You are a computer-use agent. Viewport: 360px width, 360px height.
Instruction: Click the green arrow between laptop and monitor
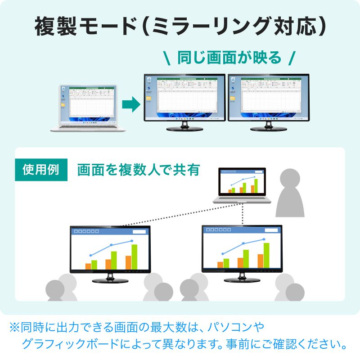coord(131,105)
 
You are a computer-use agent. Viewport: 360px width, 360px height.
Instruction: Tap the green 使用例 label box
coord(41,170)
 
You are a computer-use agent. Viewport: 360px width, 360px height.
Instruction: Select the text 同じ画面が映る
coord(229,58)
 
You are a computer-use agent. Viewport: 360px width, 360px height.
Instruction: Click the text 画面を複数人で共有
coord(138,170)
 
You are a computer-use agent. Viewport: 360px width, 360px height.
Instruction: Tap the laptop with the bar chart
coord(242,184)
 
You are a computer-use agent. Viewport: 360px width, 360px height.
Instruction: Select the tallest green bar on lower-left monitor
coord(134,257)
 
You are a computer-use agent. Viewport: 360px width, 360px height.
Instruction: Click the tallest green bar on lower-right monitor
coord(266,255)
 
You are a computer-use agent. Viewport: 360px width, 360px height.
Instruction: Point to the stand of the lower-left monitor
coord(110,279)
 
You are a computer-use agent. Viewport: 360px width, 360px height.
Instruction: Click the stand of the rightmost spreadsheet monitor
coord(268,127)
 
